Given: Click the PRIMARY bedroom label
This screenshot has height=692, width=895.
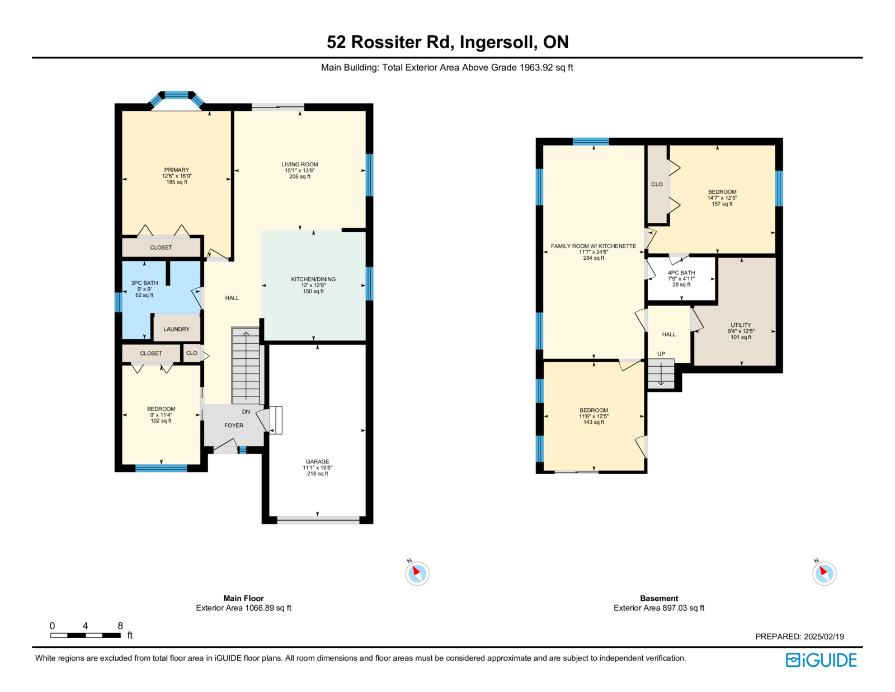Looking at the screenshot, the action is (176, 170).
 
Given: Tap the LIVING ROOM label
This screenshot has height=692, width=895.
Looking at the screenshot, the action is (299, 165).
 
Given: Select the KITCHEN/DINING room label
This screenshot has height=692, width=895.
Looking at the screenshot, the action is (313, 279).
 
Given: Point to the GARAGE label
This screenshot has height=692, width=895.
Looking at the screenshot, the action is (317, 461).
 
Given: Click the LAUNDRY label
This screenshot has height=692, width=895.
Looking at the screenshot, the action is (176, 329).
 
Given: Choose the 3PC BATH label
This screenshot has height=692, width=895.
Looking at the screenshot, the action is (144, 283).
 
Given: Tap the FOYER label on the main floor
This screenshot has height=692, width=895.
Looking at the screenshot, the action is (233, 426).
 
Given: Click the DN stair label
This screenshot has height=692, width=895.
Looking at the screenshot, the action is (246, 412).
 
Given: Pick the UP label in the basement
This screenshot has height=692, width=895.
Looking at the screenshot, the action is (661, 354).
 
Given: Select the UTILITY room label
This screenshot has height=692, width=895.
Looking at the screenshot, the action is (741, 325).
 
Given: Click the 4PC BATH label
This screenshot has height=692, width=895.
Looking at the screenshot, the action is (681, 273).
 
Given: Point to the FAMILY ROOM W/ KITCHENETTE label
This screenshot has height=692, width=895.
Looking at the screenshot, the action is (593, 246).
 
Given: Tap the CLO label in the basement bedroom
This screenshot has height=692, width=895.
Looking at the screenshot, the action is (657, 184).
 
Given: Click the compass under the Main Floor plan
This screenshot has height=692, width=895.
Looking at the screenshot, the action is (417, 573).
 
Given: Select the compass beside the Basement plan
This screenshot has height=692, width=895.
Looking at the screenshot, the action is (824, 573).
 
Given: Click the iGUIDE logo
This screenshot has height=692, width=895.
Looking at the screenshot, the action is (821, 660).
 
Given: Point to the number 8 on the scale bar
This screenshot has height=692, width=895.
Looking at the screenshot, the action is (120, 625).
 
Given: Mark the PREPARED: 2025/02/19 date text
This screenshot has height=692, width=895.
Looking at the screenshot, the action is (799, 637).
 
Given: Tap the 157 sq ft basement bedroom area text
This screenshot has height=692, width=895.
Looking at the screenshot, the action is (722, 204).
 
